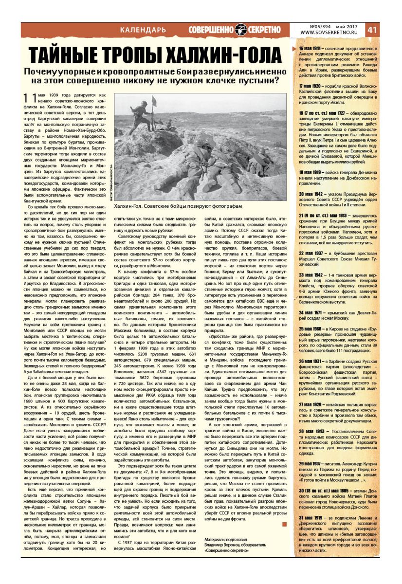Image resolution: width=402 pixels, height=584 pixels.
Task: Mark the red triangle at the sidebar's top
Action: point(293,47)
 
